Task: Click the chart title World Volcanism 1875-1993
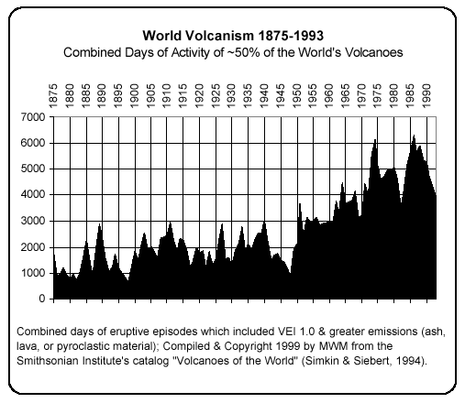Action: (232, 36)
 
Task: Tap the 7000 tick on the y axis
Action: (35, 117)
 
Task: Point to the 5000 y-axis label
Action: (35, 169)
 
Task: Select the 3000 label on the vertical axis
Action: (35, 221)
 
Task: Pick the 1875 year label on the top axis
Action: (54, 94)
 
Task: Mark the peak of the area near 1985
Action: (414, 136)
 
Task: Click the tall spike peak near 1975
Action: (375, 139)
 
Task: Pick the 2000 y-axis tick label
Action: (35, 247)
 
